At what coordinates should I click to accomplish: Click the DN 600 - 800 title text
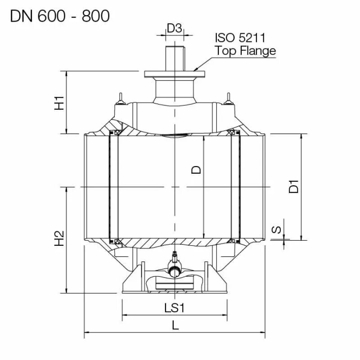click(59, 16)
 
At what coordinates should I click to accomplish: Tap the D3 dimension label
click(174, 28)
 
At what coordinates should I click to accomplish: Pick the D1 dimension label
click(294, 186)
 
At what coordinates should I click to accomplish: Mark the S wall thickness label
click(278, 229)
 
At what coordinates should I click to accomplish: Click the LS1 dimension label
click(175, 308)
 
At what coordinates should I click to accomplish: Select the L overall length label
click(175, 325)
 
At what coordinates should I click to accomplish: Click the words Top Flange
click(245, 50)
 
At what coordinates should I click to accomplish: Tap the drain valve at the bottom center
click(174, 265)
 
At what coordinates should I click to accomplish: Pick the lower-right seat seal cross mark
click(233, 241)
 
